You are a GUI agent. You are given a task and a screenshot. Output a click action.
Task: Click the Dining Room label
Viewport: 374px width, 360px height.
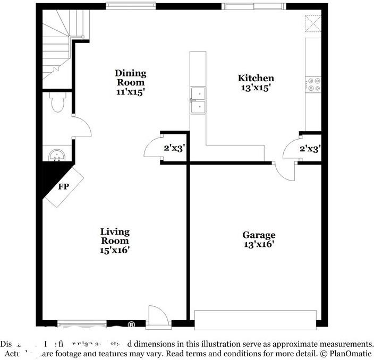pyautogui.click(x=131, y=78)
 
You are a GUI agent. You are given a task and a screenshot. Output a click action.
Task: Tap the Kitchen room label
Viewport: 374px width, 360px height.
pyautogui.click(x=256, y=79)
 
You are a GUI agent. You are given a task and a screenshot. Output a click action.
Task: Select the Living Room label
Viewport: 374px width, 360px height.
pyautogui.click(x=115, y=236)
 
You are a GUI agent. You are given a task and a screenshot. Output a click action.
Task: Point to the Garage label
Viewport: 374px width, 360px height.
pyautogui.click(x=259, y=235)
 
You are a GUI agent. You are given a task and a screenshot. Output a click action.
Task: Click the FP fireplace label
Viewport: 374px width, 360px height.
pyautogui.click(x=63, y=187)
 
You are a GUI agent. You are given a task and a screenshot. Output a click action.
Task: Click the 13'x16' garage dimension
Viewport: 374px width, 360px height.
pyautogui.click(x=259, y=244)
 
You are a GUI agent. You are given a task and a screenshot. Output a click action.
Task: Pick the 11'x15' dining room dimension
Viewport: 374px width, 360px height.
pyautogui.click(x=131, y=91)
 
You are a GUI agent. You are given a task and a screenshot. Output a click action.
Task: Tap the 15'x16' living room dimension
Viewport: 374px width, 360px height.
pyautogui.click(x=115, y=249)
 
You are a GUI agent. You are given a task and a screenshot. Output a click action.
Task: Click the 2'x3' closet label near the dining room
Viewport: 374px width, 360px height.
pyautogui.click(x=174, y=149)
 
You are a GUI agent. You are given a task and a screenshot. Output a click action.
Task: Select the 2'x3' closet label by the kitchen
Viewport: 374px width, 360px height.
pyautogui.click(x=310, y=149)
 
